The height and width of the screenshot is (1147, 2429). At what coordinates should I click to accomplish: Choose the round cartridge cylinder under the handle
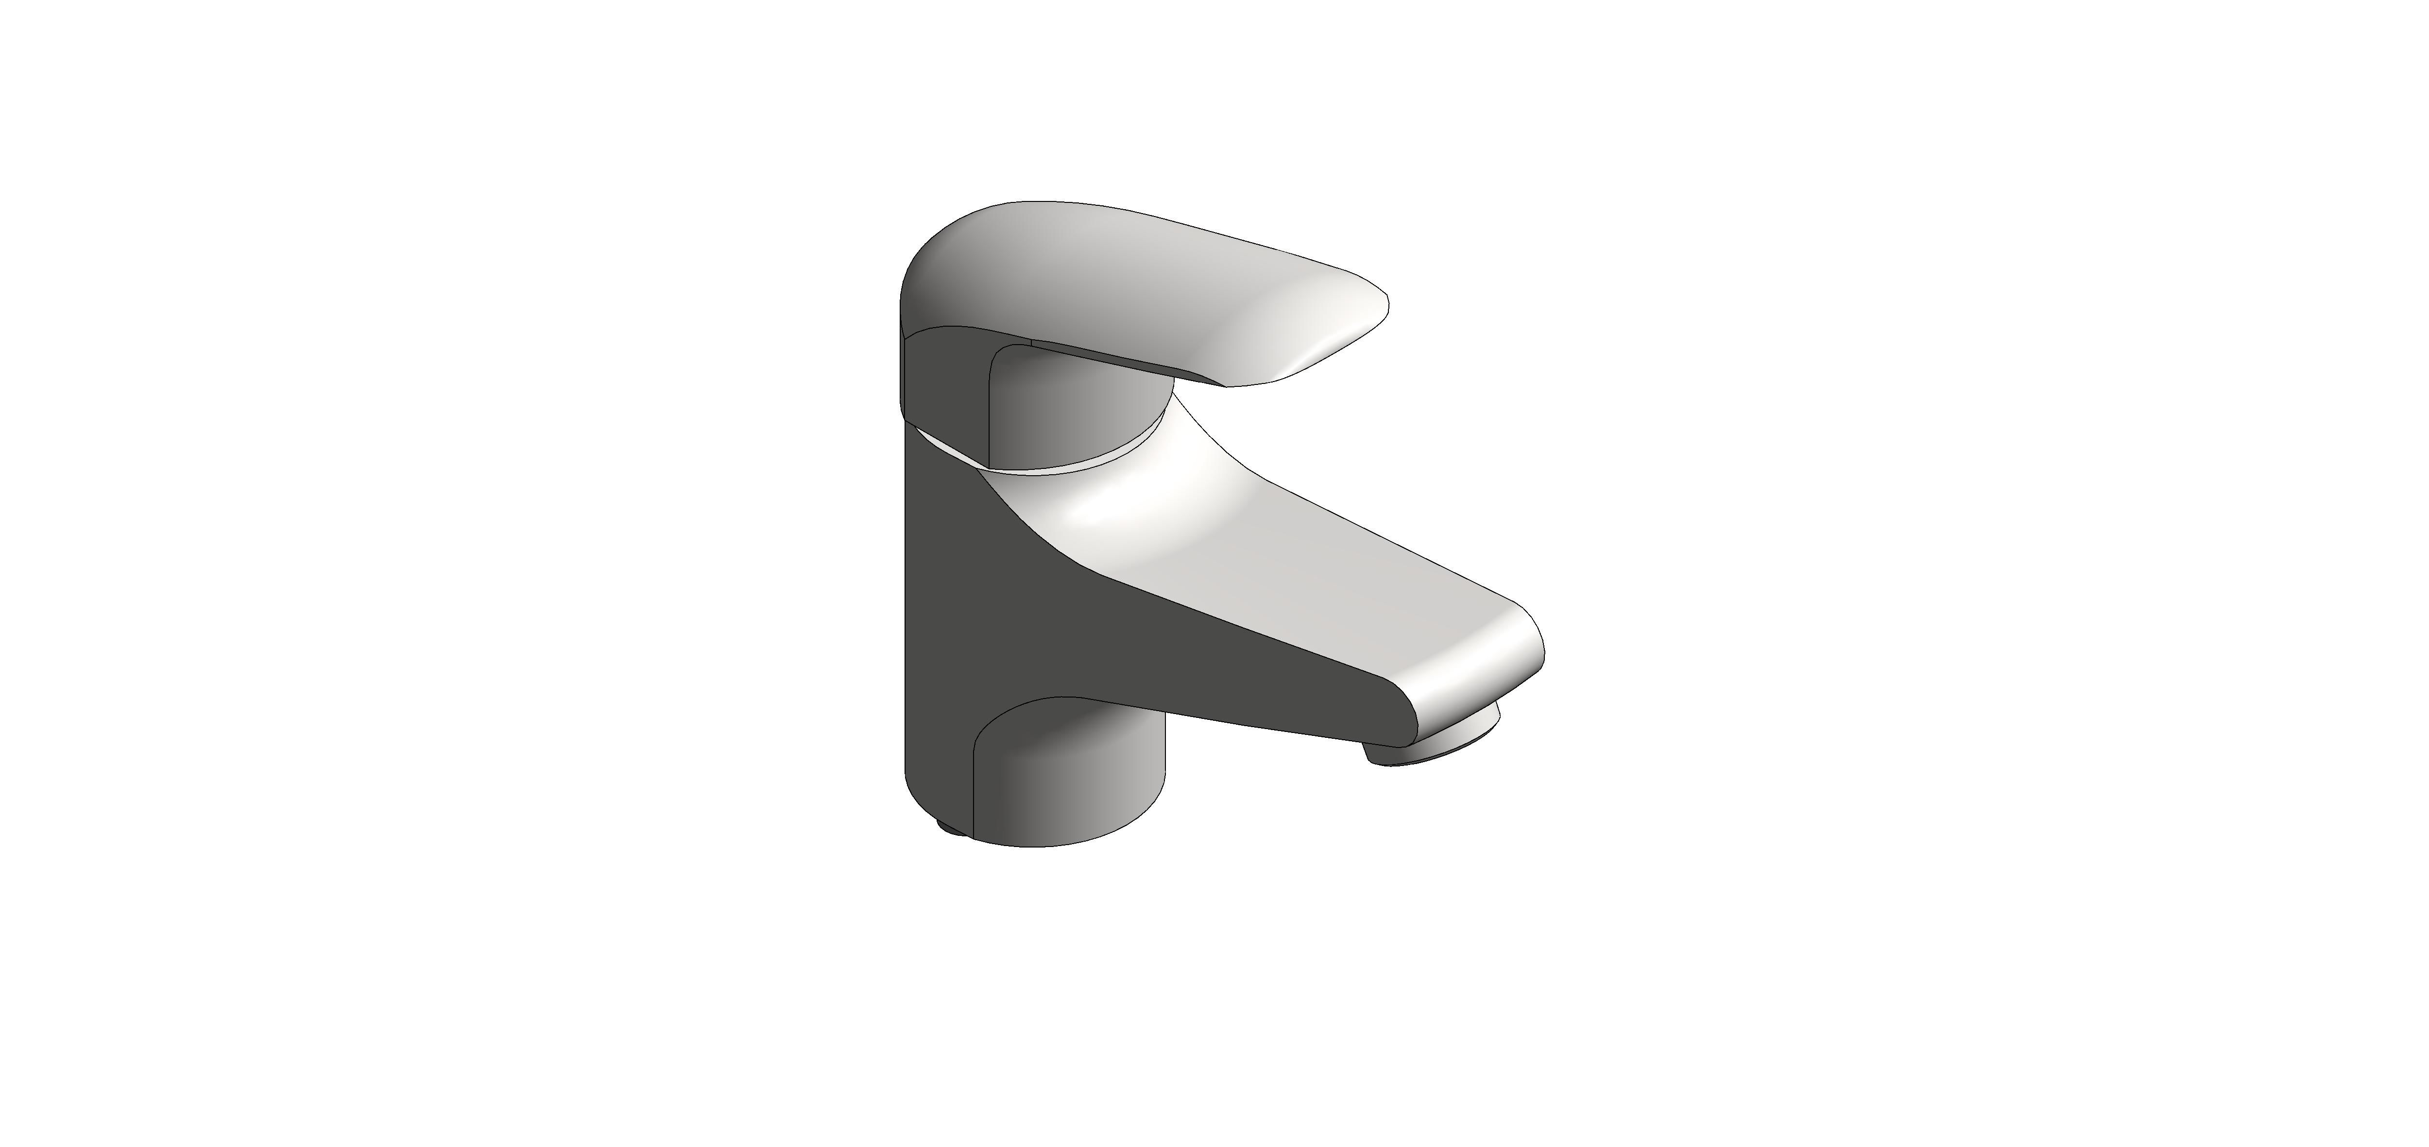click(x=1075, y=415)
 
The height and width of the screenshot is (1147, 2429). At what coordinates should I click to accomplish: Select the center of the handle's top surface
click(x=1131, y=273)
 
